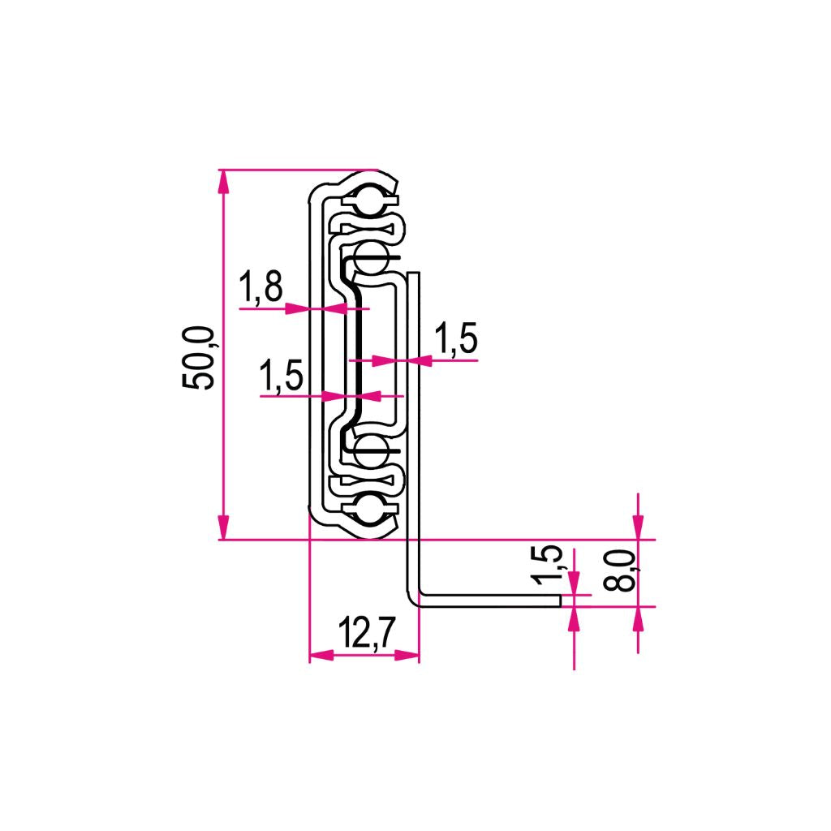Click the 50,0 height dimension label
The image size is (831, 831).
click(199, 358)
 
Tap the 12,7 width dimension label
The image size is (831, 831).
click(367, 632)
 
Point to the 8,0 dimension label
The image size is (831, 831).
click(619, 571)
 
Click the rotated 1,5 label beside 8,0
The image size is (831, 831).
click(548, 565)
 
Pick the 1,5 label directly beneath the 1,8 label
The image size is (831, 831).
click(281, 377)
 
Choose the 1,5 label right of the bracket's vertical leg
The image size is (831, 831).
click(456, 338)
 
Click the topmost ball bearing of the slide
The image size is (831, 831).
click(369, 200)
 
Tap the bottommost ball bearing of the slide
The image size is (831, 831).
click(369, 510)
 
